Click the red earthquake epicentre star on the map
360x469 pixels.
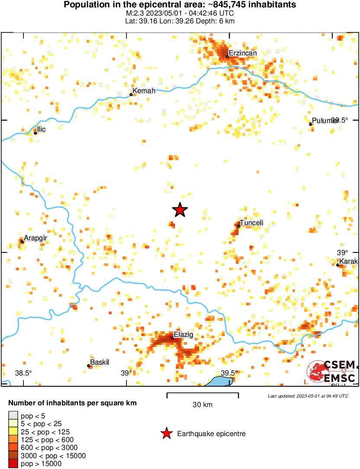(x=180, y=210)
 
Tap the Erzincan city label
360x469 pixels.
(x=243, y=53)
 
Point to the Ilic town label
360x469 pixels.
(x=41, y=129)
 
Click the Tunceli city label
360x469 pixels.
(x=251, y=223)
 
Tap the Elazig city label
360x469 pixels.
(x=183, y=335)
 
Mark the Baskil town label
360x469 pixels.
(x=99, y=362)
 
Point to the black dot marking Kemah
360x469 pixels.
(x=131, y=94)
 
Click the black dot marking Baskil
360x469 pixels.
(x=89, y=366)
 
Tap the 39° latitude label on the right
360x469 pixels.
(x=343, y=252)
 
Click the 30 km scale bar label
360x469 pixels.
(x=202, y=405)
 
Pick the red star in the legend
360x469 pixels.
(x=166, y=433)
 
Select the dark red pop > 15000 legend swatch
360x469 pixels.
(x=13, y=464)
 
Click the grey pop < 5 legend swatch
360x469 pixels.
(x=13, y=416)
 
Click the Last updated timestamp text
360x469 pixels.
(x=308, y=396)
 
